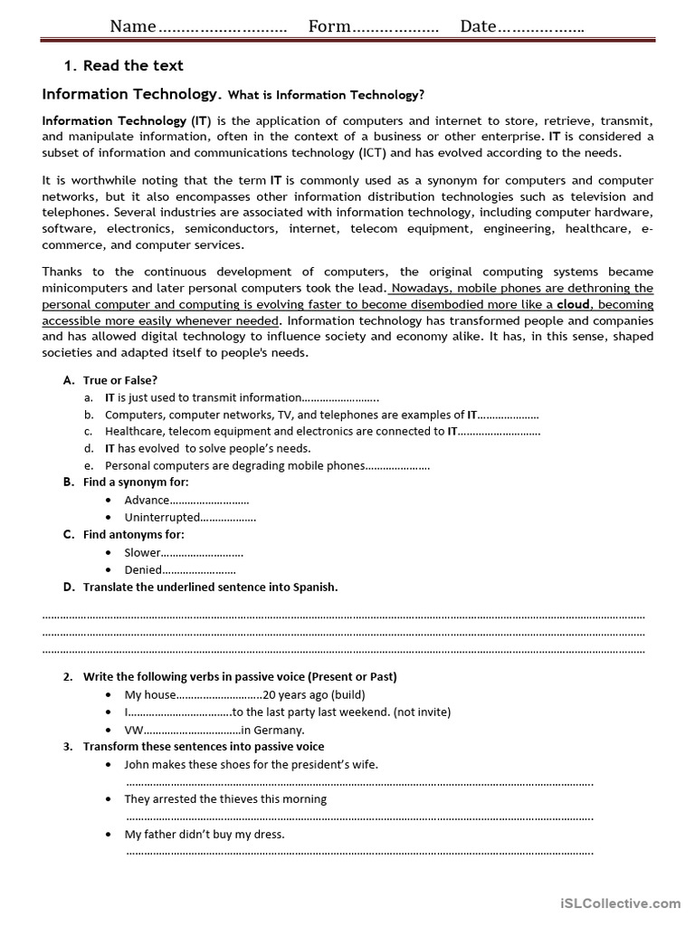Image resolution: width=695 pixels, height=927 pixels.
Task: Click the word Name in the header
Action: (133, 26)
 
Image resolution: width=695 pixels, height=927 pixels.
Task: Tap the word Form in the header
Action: (329, 26)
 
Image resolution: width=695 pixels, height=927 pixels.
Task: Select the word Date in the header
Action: (479, 26)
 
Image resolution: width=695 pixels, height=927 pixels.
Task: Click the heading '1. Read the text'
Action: (123, 65)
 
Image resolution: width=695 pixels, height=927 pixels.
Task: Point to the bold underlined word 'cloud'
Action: (573, 305)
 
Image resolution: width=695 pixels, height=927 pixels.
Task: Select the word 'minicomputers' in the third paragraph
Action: (83, 288)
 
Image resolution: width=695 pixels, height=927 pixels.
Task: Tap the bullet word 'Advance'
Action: (147, 500)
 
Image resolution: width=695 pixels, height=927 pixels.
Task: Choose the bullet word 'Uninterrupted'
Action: (162, 517)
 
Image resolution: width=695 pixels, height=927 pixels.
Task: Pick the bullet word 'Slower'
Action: (142, 552)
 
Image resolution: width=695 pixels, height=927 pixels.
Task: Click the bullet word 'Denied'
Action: (143, 569)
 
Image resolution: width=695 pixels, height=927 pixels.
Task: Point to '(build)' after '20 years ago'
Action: (347, 694)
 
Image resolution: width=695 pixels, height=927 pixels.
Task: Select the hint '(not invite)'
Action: (422, 712)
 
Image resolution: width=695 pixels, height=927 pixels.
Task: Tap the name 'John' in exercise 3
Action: (138, 764)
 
